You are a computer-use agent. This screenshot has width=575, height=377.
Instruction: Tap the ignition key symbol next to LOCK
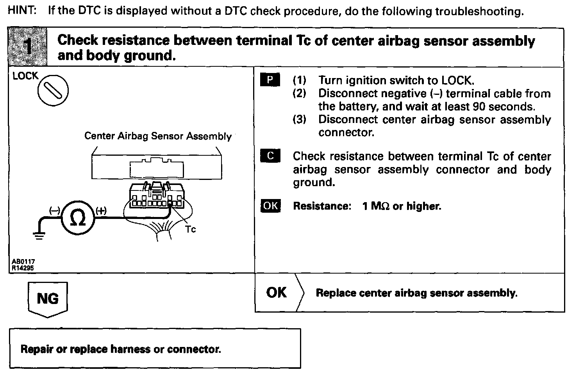53,91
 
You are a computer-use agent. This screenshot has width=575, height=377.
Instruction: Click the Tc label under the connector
191,229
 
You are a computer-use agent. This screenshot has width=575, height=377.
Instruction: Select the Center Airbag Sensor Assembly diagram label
158,136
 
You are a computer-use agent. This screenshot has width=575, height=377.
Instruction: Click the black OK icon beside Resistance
270,206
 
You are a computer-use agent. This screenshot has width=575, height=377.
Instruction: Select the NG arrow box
48,299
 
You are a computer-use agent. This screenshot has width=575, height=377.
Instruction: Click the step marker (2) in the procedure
300,94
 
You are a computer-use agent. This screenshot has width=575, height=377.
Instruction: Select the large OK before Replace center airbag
276,292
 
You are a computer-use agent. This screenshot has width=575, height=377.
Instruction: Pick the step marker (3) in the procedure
300,119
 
